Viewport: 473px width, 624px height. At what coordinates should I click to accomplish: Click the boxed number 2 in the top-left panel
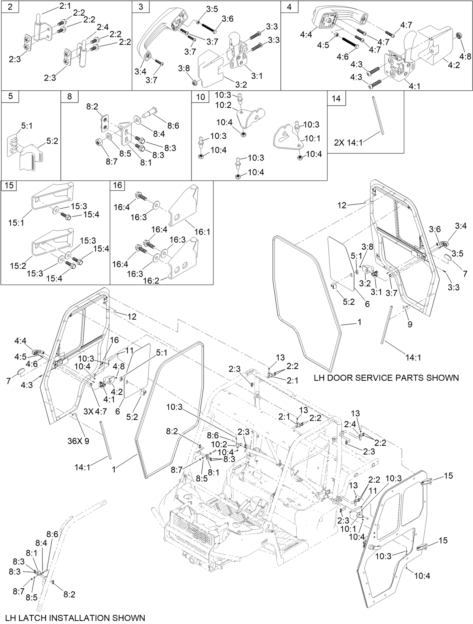coord(9,7)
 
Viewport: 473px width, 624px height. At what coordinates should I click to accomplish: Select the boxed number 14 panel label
coord(336,99)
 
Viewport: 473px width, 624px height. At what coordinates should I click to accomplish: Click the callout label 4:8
coord(465,57)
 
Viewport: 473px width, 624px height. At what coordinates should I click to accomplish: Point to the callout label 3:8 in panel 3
coord(184,68)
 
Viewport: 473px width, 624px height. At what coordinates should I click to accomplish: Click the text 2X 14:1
coord(348,143)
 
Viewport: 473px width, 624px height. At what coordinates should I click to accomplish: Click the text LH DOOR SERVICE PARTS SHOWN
coord(386,378)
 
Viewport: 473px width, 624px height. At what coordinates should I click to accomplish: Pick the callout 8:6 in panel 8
coord(173,126)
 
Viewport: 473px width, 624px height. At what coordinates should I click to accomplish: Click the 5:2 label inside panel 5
coord(52,141)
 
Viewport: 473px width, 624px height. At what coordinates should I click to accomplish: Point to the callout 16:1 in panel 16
coord(202,232)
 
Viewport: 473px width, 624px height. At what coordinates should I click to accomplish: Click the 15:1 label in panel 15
coord(16,223)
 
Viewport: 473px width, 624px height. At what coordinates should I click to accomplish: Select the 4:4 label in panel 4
coord(306,35)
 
